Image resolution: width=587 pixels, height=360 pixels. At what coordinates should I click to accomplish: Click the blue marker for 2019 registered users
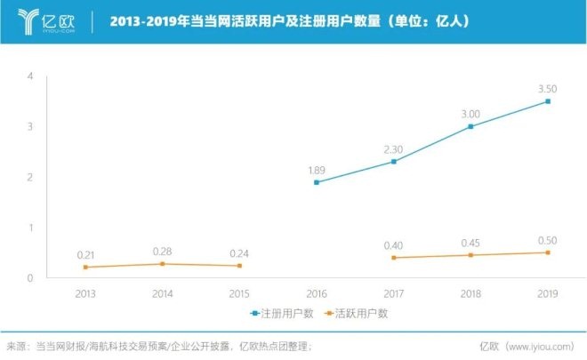pyautogui.click(x=548, y=101)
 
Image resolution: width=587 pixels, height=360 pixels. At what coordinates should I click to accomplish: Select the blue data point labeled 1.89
pyautogui.click(x=317, y=182)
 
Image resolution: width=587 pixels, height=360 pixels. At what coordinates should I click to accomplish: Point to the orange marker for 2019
pyautogui.click(x=548, y=252)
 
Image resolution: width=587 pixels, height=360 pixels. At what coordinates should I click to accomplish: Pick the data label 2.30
pyautogui.click(x=393, y=149)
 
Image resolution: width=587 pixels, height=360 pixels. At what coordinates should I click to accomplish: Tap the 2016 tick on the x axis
pyautogui.click(x=317, y=292)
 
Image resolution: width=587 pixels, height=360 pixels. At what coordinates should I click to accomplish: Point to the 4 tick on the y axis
pyautogui.click(x=30, y=76)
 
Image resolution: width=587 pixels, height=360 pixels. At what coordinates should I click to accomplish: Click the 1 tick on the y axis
pyautogui.click(x=30, y=228)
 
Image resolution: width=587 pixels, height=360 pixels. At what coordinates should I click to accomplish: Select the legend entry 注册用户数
pyautogui.click(x=277, y=313)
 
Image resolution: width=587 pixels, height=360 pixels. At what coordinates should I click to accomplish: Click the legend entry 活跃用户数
pyautogui.click(x=358, y=313)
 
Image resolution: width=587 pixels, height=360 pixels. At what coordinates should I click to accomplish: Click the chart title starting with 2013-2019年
pyautogui.click(x=289, y=20)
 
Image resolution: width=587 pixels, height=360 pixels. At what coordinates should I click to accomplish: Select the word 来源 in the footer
pyautogui.click(x=16, y=345)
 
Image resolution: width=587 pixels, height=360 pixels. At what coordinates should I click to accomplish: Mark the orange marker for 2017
pyautogui.click(x=393, y=258)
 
